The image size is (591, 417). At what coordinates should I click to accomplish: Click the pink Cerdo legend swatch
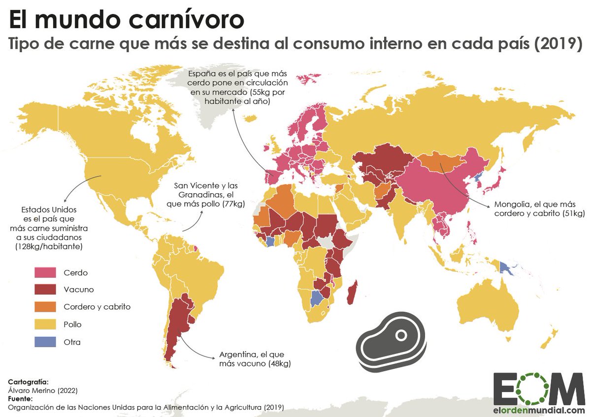[x=45, y=272]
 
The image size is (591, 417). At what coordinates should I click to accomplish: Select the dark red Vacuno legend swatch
[x=45, y=289]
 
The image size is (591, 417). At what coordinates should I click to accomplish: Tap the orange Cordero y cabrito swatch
[x=45, y=307]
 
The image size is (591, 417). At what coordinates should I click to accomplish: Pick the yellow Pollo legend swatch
[x=45, y=325]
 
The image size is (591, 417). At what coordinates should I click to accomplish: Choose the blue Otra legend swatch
[x=45, y=342]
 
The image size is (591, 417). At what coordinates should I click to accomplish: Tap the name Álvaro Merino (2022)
[x=43, y=390]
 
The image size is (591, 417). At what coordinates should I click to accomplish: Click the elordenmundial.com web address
[x=539, y=410]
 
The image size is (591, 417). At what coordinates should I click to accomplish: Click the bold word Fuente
[x=20, y=398]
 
